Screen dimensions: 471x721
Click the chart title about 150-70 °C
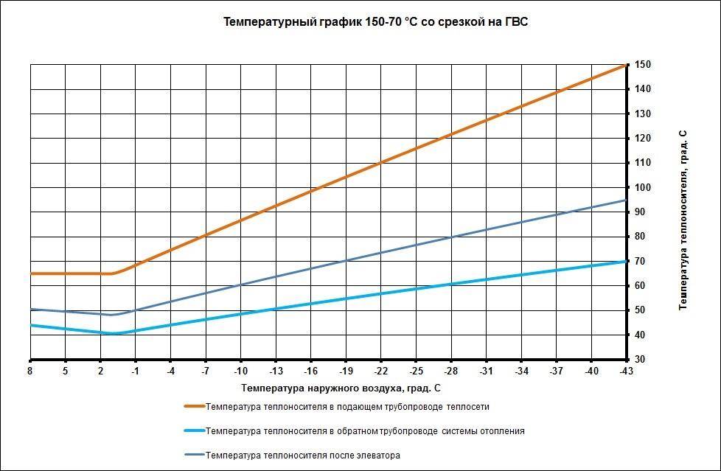point(375,22)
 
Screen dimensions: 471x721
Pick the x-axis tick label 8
point(30,371)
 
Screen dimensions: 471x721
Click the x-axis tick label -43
point(626,371)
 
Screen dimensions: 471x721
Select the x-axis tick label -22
point(380,371)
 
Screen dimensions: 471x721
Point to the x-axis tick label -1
point(135,371)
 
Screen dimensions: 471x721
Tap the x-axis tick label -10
point(240,371)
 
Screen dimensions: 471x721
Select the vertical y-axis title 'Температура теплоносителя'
point(683,220)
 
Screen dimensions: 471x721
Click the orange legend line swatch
point(194,406)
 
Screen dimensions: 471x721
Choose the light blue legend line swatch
point(194,431)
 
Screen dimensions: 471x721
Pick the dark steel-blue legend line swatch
point(194,456)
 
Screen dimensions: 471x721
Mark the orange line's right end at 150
point(625,66)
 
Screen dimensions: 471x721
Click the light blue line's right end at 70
point(625,262)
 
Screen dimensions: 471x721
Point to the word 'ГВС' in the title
point(516,22)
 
